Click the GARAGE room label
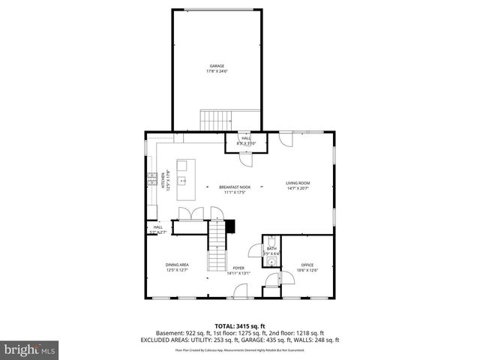(216, 66)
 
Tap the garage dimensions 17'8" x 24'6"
(216, 72)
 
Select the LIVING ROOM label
(297, 183)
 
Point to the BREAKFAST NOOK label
(234, 187)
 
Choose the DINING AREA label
(177, 265)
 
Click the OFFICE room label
(307, 265)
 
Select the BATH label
(271, 248)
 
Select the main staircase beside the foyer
(217, 247)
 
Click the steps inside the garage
(216, 119)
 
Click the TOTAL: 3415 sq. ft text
(240, 325)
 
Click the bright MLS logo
(28, 349)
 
